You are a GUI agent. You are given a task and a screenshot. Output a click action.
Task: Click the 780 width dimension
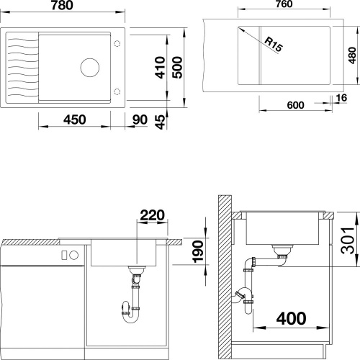point(62,5)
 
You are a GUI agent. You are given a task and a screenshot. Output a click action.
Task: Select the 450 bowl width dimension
point(74,120)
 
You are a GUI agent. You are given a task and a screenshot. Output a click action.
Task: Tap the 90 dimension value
point(140,120)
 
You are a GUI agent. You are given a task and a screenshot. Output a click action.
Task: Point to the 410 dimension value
point(160,68)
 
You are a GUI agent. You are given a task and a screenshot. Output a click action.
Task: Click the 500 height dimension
point(177,68)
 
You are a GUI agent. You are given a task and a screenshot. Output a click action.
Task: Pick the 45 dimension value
point(161,122)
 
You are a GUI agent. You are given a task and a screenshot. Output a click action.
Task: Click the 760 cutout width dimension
point(284,4)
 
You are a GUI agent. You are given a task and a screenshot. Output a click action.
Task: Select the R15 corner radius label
point(274,45)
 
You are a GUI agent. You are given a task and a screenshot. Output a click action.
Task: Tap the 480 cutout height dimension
point(352,55)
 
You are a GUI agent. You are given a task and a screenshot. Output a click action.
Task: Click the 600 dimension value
point(295,105)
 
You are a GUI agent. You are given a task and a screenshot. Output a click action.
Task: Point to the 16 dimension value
point(341,98)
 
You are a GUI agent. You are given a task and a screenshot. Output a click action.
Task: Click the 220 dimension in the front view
point(153,215)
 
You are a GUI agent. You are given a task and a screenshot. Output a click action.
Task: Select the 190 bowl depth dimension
point(198,251)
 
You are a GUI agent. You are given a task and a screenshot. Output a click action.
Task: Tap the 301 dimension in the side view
point(348,240)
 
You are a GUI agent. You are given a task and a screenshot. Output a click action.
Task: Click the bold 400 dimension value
point(292,318)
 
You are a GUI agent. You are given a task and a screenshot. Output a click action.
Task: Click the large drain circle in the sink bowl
point(90,68)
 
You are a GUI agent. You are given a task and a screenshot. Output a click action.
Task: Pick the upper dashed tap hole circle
point(117,44)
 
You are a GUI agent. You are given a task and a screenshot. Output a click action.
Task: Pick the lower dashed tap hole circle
point(117,91)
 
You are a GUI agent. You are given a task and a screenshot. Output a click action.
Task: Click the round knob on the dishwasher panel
point(74,255)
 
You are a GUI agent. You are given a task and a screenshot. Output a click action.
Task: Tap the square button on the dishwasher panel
point(64,255)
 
